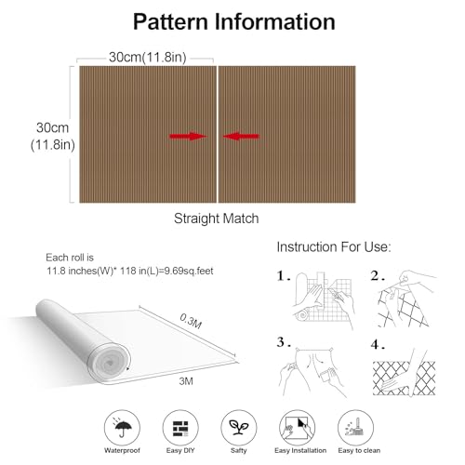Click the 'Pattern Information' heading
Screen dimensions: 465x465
pos(234,21)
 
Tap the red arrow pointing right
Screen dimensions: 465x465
pos(188,136)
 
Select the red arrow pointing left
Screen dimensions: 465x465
pos(241,136)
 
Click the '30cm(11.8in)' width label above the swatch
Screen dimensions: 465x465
pos(148,58)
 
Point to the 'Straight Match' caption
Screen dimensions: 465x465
pos(216,219)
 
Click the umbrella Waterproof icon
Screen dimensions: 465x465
pos(122,428)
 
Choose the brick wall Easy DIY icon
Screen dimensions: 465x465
pos(180,428)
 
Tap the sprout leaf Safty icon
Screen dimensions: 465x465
pos(239,428)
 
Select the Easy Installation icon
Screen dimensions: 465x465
pos(298,428)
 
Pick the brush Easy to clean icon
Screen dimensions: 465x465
pos(355,428)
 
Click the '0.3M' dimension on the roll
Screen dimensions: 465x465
pos(191,321)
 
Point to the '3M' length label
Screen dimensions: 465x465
pos(186,381)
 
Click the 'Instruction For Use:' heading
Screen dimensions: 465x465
pos(334,247)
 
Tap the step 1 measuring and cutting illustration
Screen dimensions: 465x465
pos(324,300)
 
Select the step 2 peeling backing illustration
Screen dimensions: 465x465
pos(407,299)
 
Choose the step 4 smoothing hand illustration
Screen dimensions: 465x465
pos(404,374)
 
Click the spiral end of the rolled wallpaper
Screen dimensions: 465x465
pos(109,364)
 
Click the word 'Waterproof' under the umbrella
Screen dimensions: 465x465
pos(122,450)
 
